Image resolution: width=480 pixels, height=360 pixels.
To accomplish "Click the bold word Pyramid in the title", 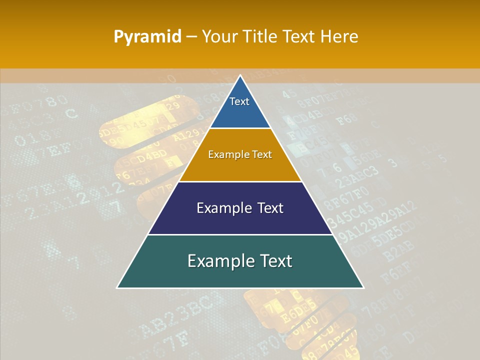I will click(x=147, y=36).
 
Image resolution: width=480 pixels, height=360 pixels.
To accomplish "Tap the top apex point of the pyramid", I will click(x=240, y=75).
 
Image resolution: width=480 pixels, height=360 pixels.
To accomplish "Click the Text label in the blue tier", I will click(x=239, y=101).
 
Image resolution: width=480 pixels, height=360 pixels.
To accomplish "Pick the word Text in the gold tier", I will click(x=262, y=154).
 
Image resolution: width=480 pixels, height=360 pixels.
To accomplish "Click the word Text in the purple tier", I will click(x=270, y=208).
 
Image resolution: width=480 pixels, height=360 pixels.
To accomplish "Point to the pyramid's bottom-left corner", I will click(x=117, y=288).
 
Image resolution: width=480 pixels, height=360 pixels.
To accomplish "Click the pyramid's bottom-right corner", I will click(x=363, y=288).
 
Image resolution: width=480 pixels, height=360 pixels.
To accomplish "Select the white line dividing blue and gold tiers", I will click(x=240, y=128).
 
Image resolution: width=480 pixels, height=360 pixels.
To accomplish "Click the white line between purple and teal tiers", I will click(x=240, y=234).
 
